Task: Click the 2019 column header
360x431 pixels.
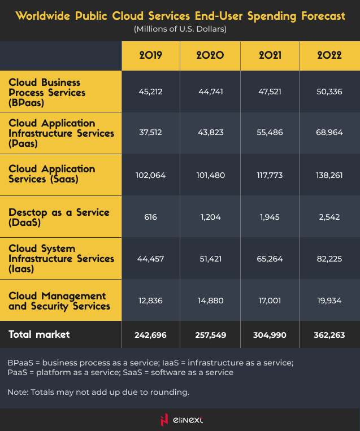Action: tap(151, 55)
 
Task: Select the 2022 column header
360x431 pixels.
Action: tap(329, 55)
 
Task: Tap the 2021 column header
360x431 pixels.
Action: tap(270, 55)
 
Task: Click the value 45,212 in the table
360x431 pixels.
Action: tap(151, 92)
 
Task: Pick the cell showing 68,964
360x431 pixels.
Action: tap(329, 133)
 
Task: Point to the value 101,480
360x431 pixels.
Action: tap(210, 175)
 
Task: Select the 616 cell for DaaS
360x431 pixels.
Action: tap(151, 217)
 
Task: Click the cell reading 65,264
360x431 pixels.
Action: tap(270, 259)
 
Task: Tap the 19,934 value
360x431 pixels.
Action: tap(329, 301)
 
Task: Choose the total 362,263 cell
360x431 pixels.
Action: tap(329, 335)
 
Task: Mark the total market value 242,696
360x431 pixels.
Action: tap(151, 335)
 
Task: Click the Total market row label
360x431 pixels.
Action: tap(40, 334)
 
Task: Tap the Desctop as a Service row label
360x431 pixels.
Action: tap(59, 217)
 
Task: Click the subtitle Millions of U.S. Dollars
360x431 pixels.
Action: tap(180, 29)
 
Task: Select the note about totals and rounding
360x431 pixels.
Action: tap(97, 392)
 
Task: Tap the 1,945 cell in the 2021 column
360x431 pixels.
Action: tap(270, 217)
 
